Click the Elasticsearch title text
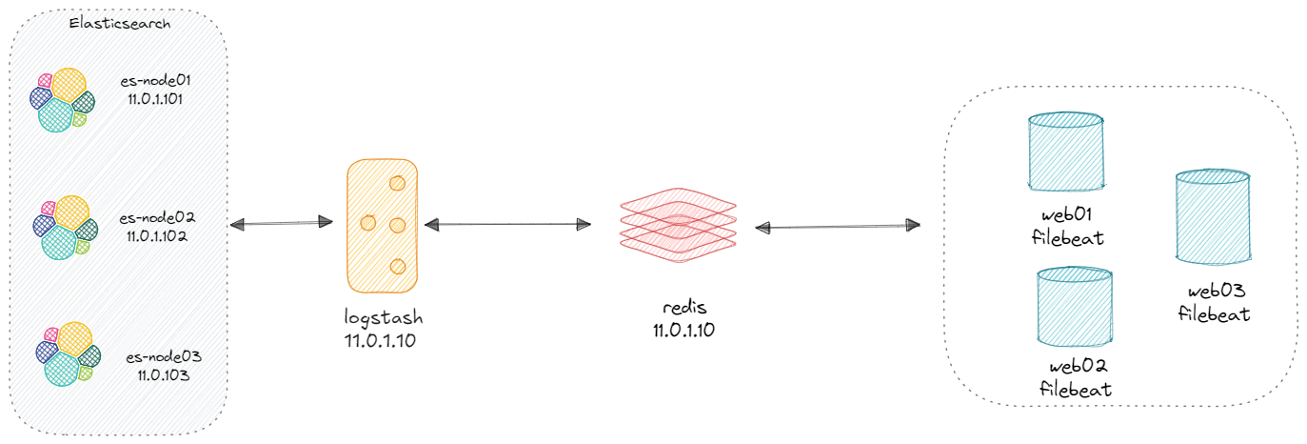pyautogui.click(x=120, y=24)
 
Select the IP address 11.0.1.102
pyautogui.click(x=158, y=235)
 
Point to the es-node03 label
pyautogui.click(x=164, y=357)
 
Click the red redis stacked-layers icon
pyautogui.click(x=678, y=221)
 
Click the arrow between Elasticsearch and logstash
pyautogui.click(x=281, y=224)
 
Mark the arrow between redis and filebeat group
pyautogui.click(x=837, y=227)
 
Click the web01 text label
pyautogui.click(x=1067, y=216)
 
